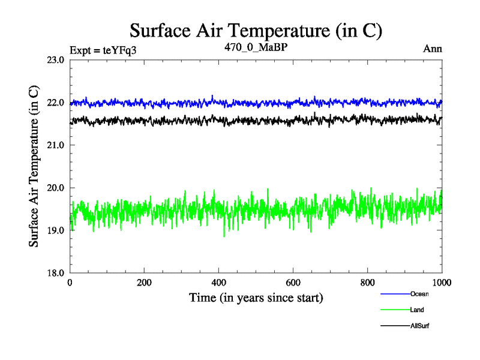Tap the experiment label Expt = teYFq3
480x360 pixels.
click(x=103, y=50)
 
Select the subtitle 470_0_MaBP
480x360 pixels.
click(x=256, y=48)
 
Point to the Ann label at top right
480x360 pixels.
click(x=433, y=49)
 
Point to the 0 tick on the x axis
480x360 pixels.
click(x=70, y=283)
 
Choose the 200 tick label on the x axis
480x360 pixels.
click(x=145, y=283)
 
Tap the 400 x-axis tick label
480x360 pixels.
click(x=219, y=283)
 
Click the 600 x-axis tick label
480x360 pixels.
click(x=293, y=283)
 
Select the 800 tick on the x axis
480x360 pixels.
click(x=368, y=283)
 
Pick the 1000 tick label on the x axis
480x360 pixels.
click(x=442, y=283)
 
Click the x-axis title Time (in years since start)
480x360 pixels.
click(x=256, y=297)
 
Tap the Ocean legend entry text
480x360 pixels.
click(x=420, y=294)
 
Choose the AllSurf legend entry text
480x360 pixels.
click(x=420, y=326)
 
